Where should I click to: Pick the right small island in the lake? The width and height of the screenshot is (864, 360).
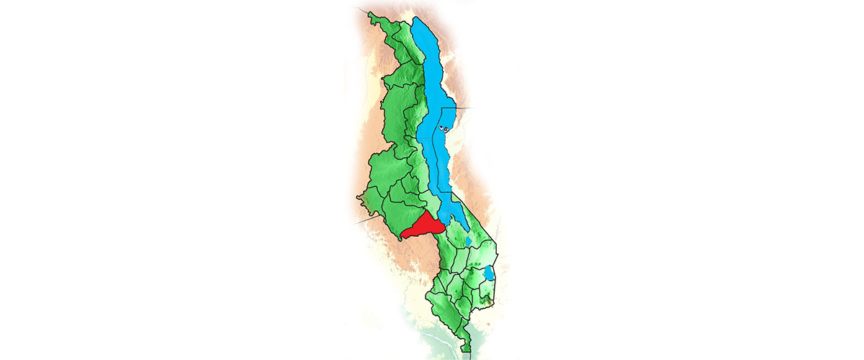click(x=446, y=130)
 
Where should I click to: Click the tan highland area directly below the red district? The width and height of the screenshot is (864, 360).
click(x=418, y=259)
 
